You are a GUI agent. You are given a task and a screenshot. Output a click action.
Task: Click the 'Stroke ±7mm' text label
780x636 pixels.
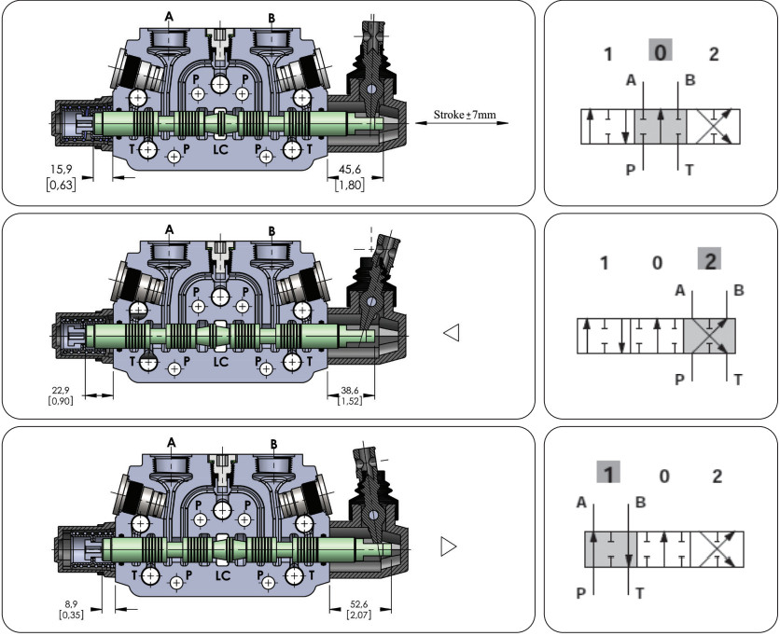coord(464,116)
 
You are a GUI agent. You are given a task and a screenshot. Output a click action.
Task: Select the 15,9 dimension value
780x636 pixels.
coord(62,169)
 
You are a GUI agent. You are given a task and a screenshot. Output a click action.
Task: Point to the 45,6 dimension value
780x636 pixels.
coord(348,169)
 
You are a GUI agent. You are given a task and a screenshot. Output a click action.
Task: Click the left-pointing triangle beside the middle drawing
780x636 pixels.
coord(453,332)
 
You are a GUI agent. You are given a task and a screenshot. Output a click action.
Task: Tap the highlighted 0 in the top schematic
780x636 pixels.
coord(660,53)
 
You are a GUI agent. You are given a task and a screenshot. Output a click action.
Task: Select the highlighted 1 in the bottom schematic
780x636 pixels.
coord(608,475)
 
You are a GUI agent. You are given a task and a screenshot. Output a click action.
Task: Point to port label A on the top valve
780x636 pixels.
coord(169,16)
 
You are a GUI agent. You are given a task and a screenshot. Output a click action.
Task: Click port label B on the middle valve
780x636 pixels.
coord(272,229)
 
